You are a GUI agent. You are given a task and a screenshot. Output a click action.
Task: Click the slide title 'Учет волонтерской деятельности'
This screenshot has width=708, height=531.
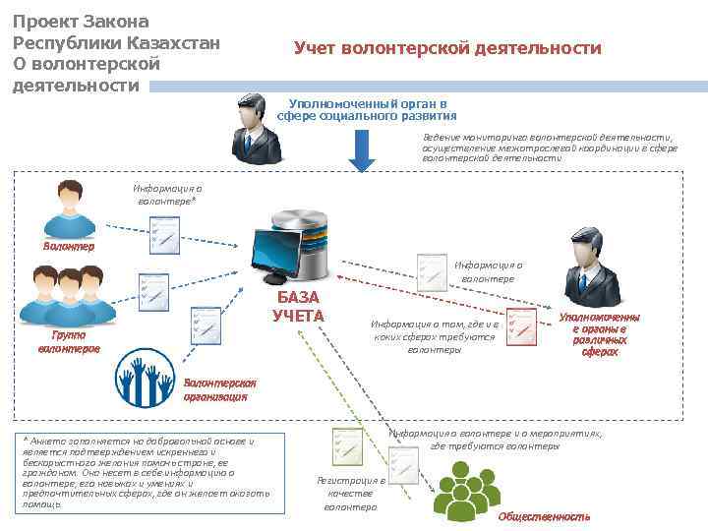coord(447,48)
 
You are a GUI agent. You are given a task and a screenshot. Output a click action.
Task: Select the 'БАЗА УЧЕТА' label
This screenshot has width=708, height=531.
coord(299,307)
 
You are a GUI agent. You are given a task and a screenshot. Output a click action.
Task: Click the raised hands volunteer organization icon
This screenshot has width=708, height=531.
coord(145,378)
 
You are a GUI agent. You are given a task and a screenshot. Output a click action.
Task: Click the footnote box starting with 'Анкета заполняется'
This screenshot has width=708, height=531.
coord(138,473)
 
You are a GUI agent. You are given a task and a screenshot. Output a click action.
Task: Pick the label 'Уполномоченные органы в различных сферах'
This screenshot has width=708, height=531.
coord(599,334)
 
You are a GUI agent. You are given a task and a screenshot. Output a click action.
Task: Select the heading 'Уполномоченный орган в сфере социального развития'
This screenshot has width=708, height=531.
coord(362,109)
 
